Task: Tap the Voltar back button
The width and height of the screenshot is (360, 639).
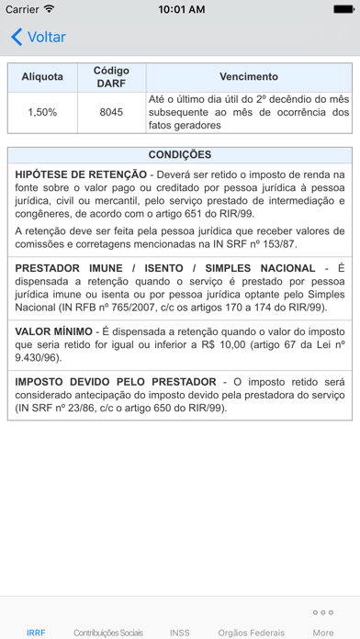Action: click(38, 38)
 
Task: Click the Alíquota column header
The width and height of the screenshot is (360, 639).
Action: click(42, 76)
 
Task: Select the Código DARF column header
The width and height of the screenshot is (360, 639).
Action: click(111, 76)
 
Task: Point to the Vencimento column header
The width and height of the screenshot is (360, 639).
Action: click(249, 76)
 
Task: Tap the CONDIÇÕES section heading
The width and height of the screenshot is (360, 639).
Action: click(180, 154)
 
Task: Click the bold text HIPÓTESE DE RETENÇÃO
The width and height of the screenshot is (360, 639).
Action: click(81, 174)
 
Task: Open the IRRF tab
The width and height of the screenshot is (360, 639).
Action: click(36, 633)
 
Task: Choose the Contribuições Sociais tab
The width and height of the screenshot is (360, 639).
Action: click(108, 633)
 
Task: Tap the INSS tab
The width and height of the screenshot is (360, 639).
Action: click(180, 633)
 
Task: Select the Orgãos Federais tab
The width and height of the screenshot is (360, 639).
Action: click(252, 633)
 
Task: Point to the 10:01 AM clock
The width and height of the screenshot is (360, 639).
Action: click(181, 9)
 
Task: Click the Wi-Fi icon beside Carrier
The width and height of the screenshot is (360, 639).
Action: click(49, 9)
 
